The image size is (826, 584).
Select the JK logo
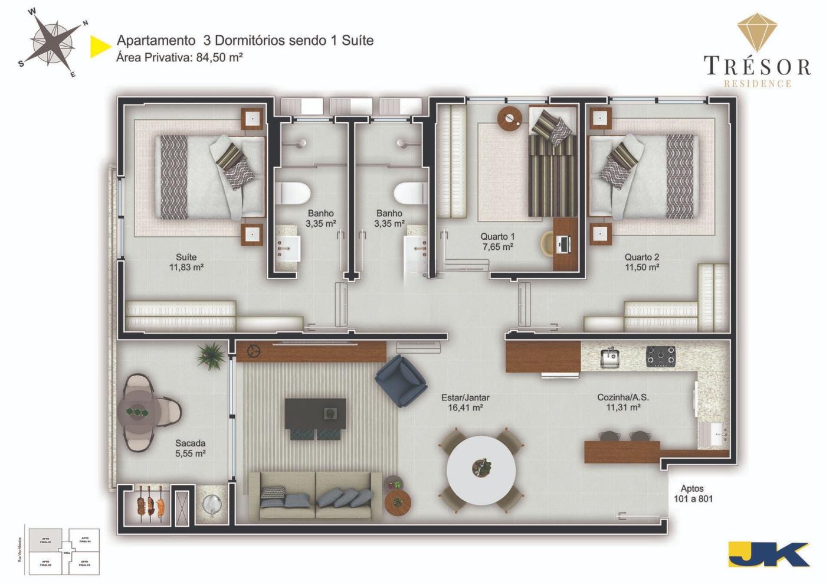tap(768, 554)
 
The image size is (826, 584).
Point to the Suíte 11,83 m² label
tap(186, 262)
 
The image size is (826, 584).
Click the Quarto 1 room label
tap(497, 242)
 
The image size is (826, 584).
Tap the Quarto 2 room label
tap(642, 262)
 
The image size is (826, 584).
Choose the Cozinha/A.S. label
tap(623, 402)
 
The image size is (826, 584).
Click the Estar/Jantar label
tap(466, 402)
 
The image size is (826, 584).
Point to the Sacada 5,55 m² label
tap(190, 448)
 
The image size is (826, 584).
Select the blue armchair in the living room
tap(401, 381)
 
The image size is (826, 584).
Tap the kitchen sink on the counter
tap(609, 357)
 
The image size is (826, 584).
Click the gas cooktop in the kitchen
tap(660, 356)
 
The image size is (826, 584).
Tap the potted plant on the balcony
tap(211, 354)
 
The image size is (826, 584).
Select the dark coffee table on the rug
tap(315, 413)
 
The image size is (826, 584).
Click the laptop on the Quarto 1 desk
tap(563, 242)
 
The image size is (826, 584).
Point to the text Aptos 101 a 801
tap(693, 494)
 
